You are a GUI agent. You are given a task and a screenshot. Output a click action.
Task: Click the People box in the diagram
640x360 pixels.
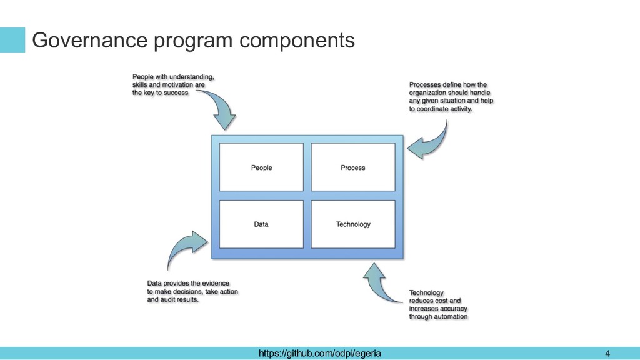coord(261,167)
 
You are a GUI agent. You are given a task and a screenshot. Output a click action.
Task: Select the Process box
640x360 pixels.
coord(353,167)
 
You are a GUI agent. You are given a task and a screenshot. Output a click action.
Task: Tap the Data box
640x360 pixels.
coord(261,224)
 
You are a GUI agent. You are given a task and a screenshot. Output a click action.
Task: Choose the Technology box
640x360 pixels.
coord(353,224)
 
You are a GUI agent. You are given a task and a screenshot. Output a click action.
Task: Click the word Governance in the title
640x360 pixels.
coord(90,40)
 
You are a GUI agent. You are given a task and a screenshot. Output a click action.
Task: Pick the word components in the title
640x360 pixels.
coord(297,41)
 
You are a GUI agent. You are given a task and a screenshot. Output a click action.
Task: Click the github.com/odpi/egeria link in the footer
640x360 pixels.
coord(319,353)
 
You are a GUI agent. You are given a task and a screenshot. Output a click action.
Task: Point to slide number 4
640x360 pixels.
coord(607,354)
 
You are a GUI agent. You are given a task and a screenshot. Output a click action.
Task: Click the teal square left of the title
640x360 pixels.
coord(12,39)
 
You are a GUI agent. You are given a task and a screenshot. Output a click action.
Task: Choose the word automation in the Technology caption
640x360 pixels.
coord(452,316)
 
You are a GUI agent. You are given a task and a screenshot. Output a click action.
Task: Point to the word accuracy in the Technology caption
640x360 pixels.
coord(454,309)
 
